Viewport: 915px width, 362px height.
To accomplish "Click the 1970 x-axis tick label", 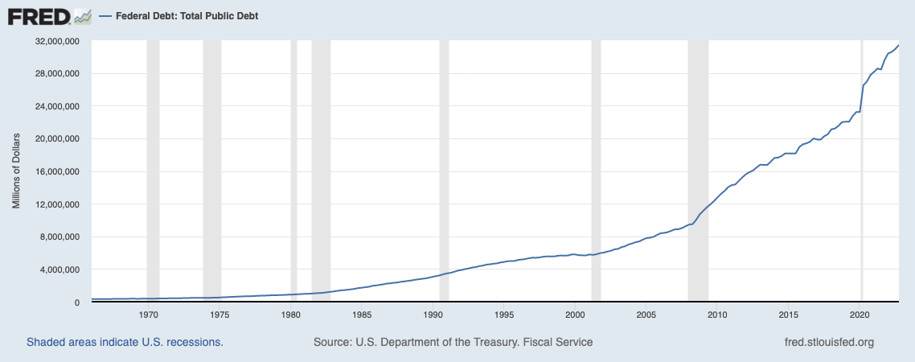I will pyautogui.click(x=147, y=315).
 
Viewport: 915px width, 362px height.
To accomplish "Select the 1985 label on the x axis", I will pyautogui.click(x=362, y=315).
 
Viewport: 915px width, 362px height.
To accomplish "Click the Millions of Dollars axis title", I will pyautogui.click(x=16, y=171).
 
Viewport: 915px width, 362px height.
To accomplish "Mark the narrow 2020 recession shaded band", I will pyautogui.click(x=862, y=201).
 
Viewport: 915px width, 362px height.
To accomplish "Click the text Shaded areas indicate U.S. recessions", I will pyautogui.click(x=125, y=342).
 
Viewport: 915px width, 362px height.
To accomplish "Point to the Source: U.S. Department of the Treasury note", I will pyautogui.click(x=453, y=342).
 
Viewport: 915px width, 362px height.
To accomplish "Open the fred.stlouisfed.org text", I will pyautogui.click(x=828, y=342).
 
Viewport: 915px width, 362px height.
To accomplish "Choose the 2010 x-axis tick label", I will pyautogui.click(x=718, y=315).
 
